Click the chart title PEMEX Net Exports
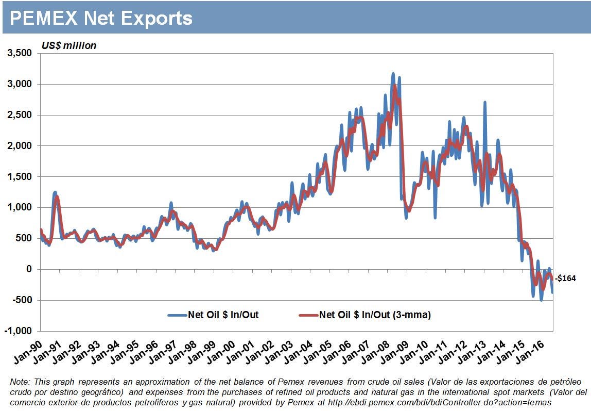click(101, 19)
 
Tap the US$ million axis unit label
click(69, 46)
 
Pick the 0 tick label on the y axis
click(29, 269)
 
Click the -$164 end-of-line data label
click(565, 278)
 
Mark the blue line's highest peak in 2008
click(393, 74)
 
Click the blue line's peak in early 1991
click(55, 192)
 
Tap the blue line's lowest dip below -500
click(541, 300)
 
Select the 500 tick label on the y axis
click(24, 238)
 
